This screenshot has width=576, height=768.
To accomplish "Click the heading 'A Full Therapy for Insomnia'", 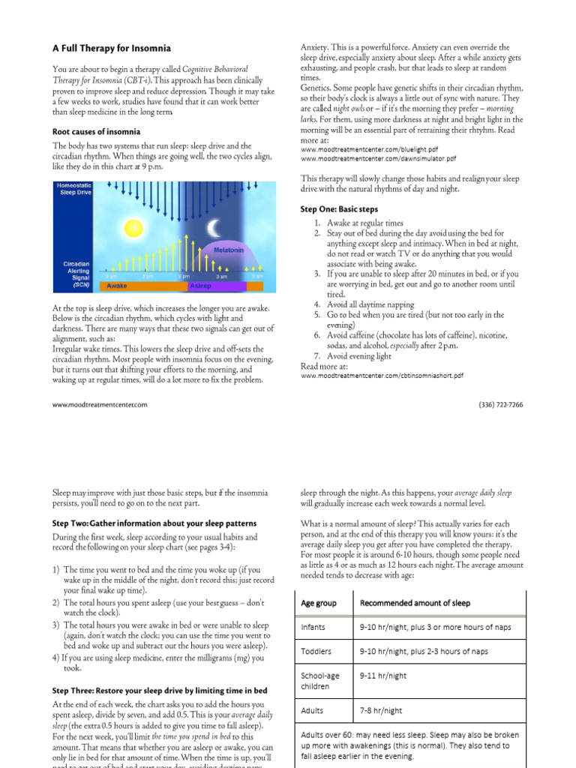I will point(111,49).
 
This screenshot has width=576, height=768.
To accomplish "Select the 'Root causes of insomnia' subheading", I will point(96,132).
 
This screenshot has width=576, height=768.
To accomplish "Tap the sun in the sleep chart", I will point(133,227).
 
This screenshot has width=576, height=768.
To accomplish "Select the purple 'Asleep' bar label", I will point(200,286).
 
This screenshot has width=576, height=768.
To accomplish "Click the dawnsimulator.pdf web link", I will point(378,159).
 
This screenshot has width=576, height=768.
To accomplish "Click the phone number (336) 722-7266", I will point(500,405).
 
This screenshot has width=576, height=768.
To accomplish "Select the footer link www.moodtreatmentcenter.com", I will point(100,405).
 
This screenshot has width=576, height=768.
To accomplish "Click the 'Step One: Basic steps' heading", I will point(339,209).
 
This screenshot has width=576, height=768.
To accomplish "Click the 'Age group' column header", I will point(319,603).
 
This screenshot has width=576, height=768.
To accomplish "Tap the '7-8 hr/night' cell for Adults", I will point(381,710).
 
